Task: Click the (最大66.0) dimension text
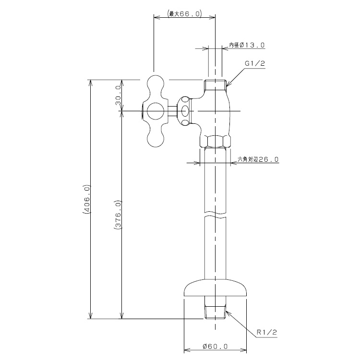click(185, 14)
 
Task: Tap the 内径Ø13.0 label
click(247, 45)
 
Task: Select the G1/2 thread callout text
click(254, 63)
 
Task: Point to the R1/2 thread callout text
click(267, 332)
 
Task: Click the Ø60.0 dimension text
click(215, 346)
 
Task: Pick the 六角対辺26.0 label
click(258, 159)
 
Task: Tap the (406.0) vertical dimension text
click(87, 199)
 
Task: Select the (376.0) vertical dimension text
click(118, 215)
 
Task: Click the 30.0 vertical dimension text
click(118, 95)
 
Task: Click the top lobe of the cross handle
click(156, 84)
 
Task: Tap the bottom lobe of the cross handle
click(156, 137)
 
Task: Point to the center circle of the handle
click(156, 111)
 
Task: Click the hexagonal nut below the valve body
click(215, 141)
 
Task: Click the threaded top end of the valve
click(215, 84)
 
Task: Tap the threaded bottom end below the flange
click(215, 312)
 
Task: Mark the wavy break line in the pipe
click(215, 215)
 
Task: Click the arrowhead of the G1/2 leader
click(228, 84)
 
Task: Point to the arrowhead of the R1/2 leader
click(228, 312)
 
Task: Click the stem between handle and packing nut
click(173, 111)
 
